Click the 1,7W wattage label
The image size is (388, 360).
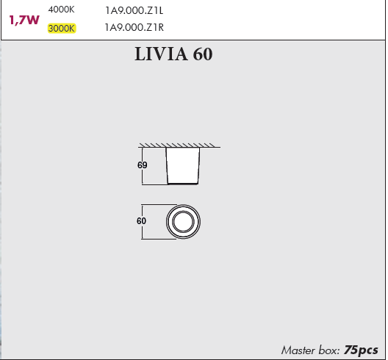click(x=24, y=20)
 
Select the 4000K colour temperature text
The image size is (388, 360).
click(x=61, y=10)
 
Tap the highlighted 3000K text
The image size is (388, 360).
click(x=62, y=28)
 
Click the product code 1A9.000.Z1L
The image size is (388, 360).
click(x=134, y=10)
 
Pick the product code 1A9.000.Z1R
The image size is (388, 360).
click(x=134, y=27)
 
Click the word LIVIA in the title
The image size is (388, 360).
click(x=161, y=54)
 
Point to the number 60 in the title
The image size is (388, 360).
click(x=203, y=54)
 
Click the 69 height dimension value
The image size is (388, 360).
click(x=143, y=165)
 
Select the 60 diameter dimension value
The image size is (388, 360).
click(x=141, y=220)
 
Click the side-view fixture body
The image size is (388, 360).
click(x=183, y=166)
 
